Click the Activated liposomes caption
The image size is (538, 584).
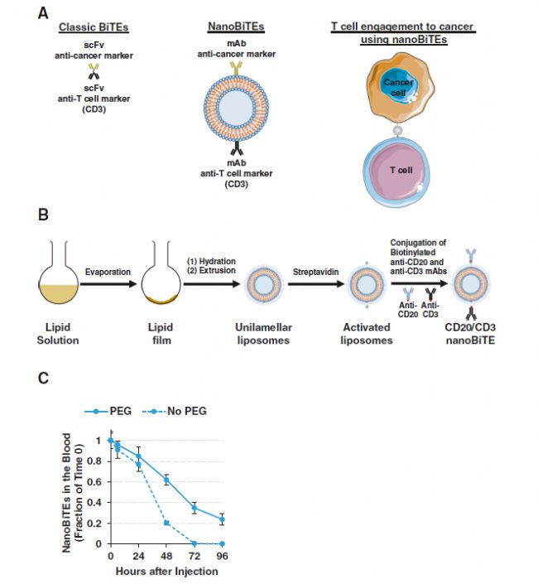click(x=366, y=334)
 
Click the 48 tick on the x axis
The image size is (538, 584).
click(x=166, y=556)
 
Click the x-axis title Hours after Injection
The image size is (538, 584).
click(x=167, y=572)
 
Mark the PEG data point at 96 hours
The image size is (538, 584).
click(x=222, y=519)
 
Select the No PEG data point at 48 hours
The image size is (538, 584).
click(x=166, y=523)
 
